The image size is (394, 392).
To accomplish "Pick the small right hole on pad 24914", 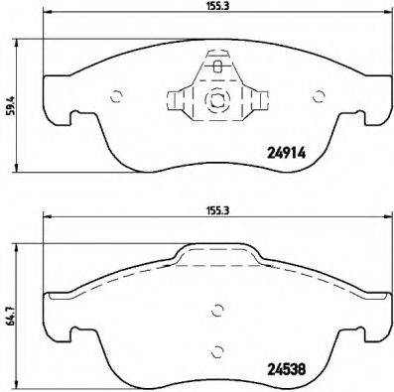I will point(319,96).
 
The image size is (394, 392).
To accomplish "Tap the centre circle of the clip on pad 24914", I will point(217,101).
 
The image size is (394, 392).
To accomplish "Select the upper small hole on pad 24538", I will point(217,308).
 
